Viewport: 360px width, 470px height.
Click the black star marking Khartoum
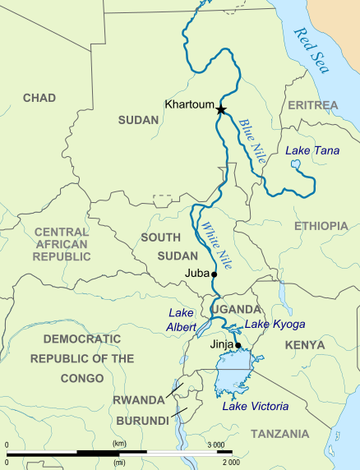click(x=220, y=108)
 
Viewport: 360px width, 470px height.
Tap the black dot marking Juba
click(x=214, y=274)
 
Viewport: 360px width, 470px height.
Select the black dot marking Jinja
click(x=238, y=346)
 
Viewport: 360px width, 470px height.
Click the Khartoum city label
click(x=188, y=105)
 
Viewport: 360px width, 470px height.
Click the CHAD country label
click(x=39, y=98)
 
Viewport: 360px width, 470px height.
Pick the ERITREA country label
click(x=312, y=106)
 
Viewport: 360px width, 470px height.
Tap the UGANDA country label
click(x=237, y=310)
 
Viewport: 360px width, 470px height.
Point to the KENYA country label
click(x=305, y=346)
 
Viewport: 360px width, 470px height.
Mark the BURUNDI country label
click(x=141, y=420)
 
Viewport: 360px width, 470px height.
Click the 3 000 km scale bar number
click(x=219, y=445)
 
